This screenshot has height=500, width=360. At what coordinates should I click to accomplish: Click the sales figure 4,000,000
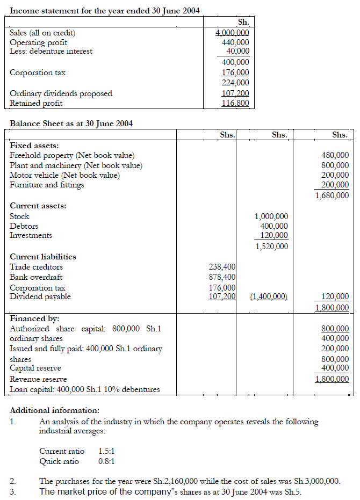point(232,32)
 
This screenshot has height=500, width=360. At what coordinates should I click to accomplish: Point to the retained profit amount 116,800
point(236,103)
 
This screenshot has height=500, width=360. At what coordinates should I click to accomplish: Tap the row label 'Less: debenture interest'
point(51,52)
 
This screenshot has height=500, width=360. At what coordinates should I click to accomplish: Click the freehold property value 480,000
point(335,156)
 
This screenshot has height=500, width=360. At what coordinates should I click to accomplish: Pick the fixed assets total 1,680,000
point(332,195)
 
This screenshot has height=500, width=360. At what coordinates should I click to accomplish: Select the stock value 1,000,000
point(271,216)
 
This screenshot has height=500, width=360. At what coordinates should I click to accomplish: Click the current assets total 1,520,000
point(271,247)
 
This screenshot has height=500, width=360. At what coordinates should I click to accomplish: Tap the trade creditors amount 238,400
point(222,267)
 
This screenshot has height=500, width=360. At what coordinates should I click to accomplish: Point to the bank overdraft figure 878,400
point(222,277)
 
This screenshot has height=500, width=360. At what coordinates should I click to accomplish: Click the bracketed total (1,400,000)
point(269,296)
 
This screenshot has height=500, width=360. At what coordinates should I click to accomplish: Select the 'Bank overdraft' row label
point(36,277)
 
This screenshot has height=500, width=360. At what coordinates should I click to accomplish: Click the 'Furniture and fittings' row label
point(47,185)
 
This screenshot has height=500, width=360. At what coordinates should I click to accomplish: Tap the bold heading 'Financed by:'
point(35,318)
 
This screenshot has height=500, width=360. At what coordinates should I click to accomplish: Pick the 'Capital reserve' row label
point(35,368)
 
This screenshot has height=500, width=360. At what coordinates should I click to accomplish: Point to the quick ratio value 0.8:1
point(107,461)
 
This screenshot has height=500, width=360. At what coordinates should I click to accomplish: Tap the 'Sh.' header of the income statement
point(243,23)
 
